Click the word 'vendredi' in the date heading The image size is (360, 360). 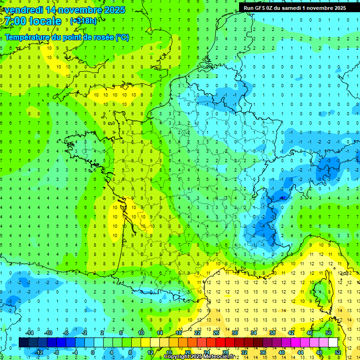tap(24, 10)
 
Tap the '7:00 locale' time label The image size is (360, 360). tap(32, 21)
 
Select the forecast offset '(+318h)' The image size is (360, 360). tap(83, 21)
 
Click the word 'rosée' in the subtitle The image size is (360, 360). tap(100, 37)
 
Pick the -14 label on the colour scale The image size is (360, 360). tap(29, 332)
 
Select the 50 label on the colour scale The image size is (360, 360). tap(328, 332)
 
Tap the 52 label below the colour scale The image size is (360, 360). tap(337, 352)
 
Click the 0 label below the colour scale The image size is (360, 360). tap(93, 352)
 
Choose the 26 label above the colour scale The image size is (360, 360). tap(216, 332)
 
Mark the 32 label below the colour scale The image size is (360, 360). tap(244, 352)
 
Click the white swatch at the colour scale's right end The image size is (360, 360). tap(333, 342)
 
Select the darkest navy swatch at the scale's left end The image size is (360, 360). tap(23, 342)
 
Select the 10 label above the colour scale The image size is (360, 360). tap(141, 332)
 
